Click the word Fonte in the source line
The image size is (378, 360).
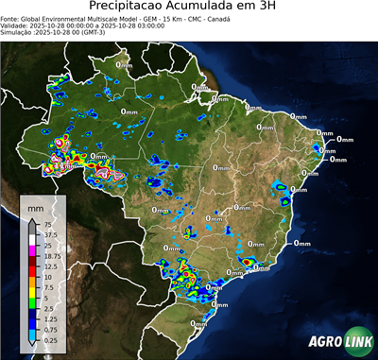(x=11, y=17)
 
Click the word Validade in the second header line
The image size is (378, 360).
(x=15, y=25)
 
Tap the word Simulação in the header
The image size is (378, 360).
(x=17, y=32)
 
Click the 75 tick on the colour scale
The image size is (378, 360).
(x=47, y=224)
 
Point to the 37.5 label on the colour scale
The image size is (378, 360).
(x=50, y=234)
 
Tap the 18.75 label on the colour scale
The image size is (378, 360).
(x=52, y=256)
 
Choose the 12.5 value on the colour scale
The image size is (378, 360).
(x=50, y=266)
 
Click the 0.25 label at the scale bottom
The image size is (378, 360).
(x=50, y=340)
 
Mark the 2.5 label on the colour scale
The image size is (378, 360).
(x=48, y=308)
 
